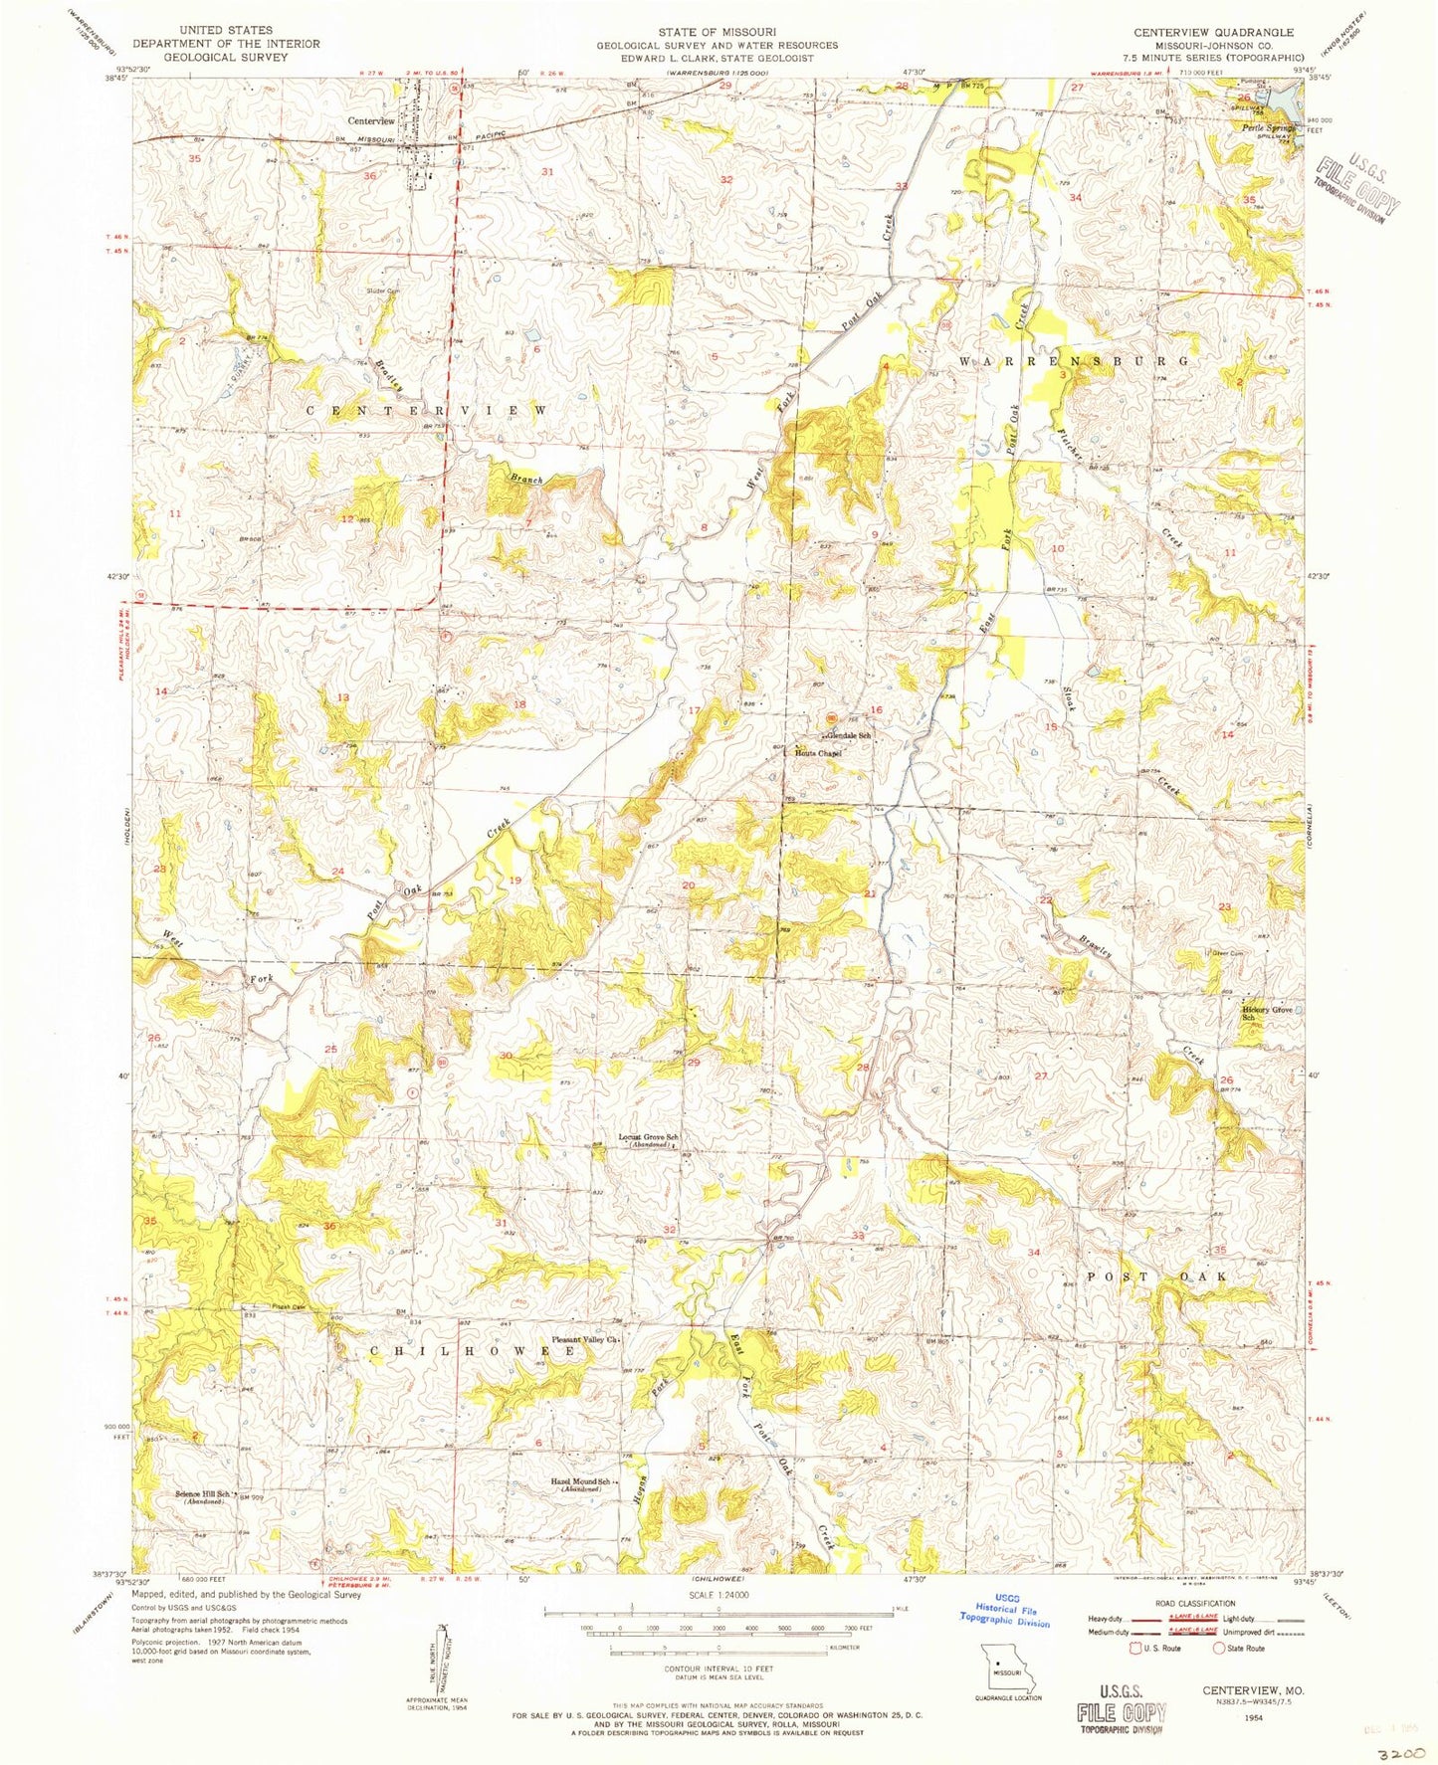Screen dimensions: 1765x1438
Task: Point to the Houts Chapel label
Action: (817, 753)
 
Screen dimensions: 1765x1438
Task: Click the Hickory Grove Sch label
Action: (1267, 1013)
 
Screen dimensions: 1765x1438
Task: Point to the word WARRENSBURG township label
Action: (1074, 360)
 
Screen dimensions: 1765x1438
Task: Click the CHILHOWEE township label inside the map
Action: (473, 1351)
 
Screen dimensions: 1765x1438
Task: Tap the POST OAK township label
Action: (1156, 1275)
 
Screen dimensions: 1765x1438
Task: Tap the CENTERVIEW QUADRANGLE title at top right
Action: (1213, 32)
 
